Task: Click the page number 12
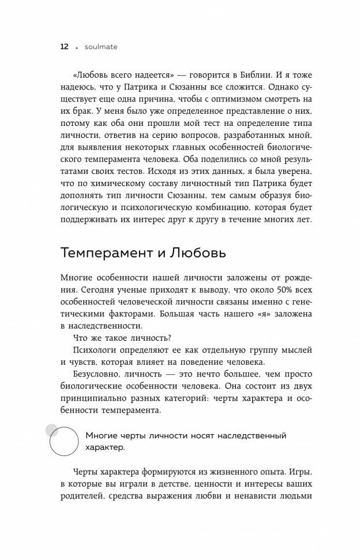(x=62, y=46)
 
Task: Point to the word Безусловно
(x=101, y=375)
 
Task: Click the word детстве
(x=175, y=484)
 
